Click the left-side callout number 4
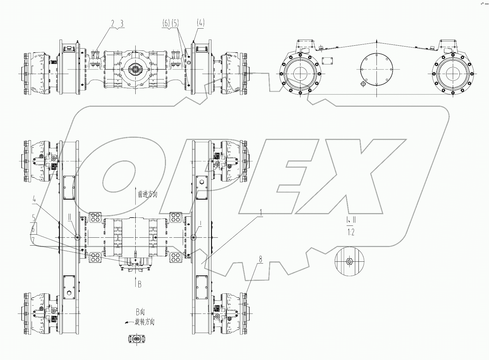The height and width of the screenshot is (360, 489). tap(34, 200)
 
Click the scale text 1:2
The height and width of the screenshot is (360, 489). tap(351, 233)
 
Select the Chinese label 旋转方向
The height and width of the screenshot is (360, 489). tap(145, 322)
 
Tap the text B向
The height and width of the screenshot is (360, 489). tap(142, 312)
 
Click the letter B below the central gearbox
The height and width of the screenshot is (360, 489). tap(140, 285)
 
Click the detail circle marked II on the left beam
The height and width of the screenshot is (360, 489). tap(78, 237)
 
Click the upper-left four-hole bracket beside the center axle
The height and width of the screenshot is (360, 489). tap(95, 218)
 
